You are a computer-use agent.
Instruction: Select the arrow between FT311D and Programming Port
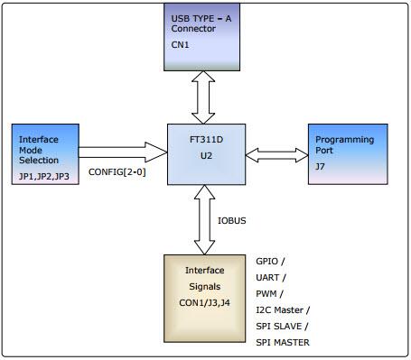pos(276,154)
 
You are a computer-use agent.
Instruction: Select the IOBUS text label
pos(232,219)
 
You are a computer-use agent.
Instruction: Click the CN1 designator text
pos(181,42)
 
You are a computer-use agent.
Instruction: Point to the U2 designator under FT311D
pos(204,155)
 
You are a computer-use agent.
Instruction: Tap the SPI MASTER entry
pos(284,342)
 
